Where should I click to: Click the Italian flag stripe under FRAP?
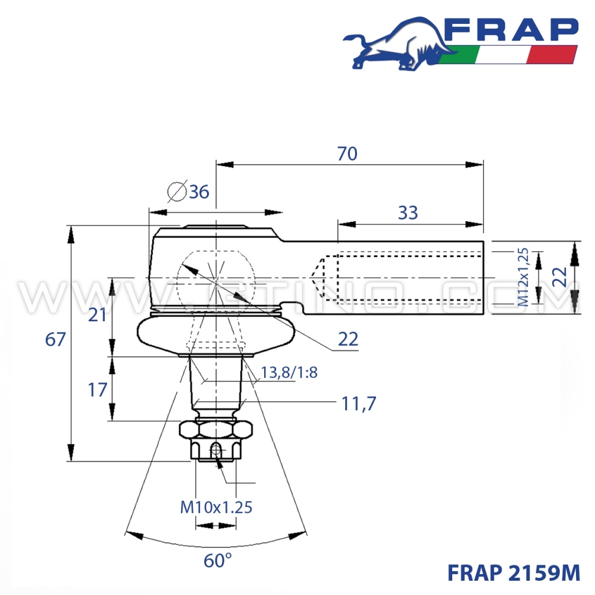[x=509, y=55]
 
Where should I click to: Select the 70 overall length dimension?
[x=347, y=154]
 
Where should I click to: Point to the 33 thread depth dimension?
[x=408, y=212]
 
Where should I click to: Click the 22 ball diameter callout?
[x=348, y=339]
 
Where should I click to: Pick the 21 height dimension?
[x=97, y=315]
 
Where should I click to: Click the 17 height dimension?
[x=97, y=390]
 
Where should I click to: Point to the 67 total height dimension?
[x=55, y=340]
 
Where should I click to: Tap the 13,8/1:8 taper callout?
[x=289, y=373]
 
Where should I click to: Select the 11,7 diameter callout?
[x=359, y=404]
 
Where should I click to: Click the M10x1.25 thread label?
[x=217, y=507]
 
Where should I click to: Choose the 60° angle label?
[x=217, y=560]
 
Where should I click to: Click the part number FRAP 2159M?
[x=513, y=572]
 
